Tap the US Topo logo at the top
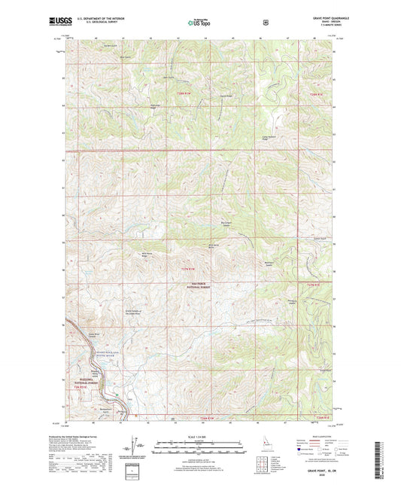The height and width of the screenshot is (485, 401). pyautogui.click(x=199, y=22)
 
